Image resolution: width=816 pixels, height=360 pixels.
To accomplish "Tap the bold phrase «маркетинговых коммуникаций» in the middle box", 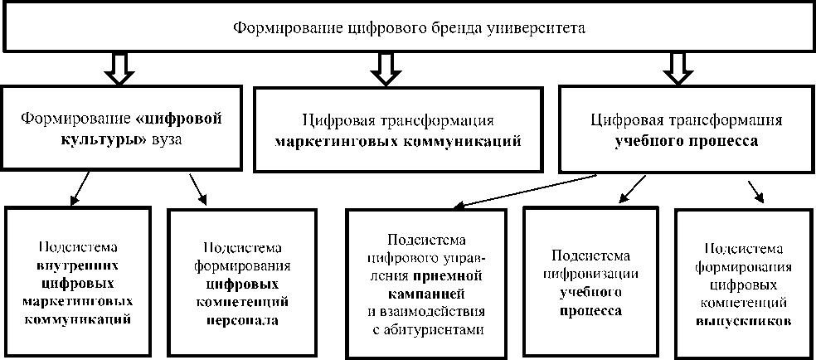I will [399, 140].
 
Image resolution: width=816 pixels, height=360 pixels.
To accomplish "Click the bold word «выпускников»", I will [741, 319].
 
